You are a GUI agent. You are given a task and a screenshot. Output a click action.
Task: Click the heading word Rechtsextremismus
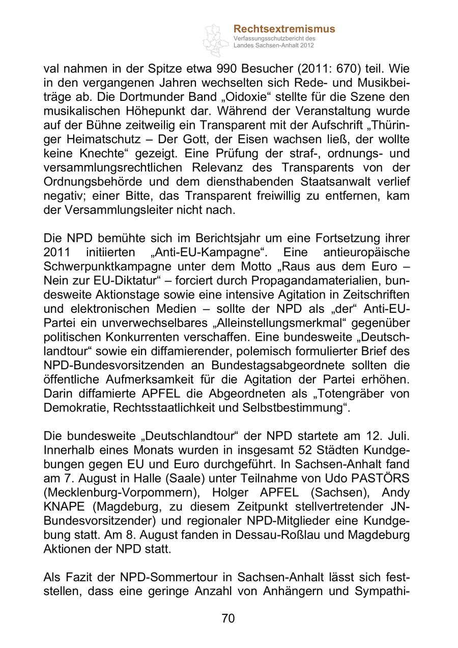point(284,29)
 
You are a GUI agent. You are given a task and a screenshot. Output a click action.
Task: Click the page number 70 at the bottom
point(228,618)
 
